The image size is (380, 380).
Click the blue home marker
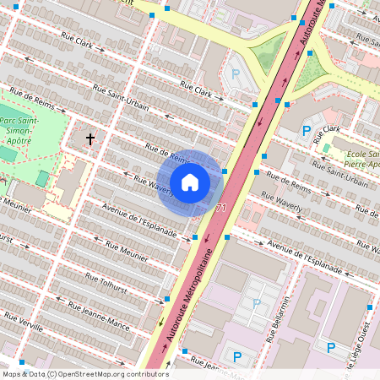click(x=190, y=182)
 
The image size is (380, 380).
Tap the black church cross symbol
click(x=90, y=138)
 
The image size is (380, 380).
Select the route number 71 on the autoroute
click(x=221, y=208)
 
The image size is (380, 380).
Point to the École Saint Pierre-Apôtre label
click(x=355, y=160)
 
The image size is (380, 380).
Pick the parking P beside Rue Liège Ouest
click(x=331, y=348)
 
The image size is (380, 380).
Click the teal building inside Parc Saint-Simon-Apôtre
click(x=42, y=178)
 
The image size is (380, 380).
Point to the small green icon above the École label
click(x=326, y=148)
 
